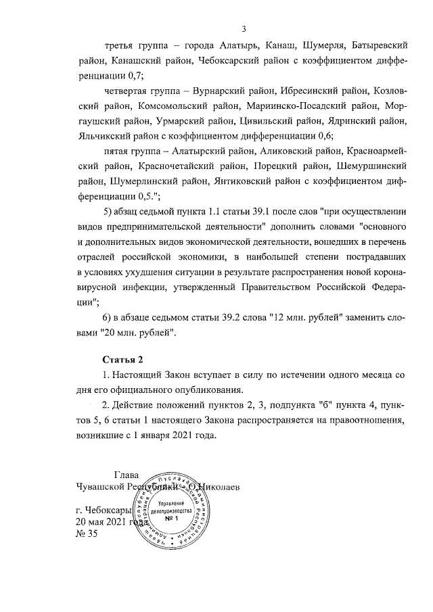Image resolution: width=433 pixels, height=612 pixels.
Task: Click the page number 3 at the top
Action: click(244, 28)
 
